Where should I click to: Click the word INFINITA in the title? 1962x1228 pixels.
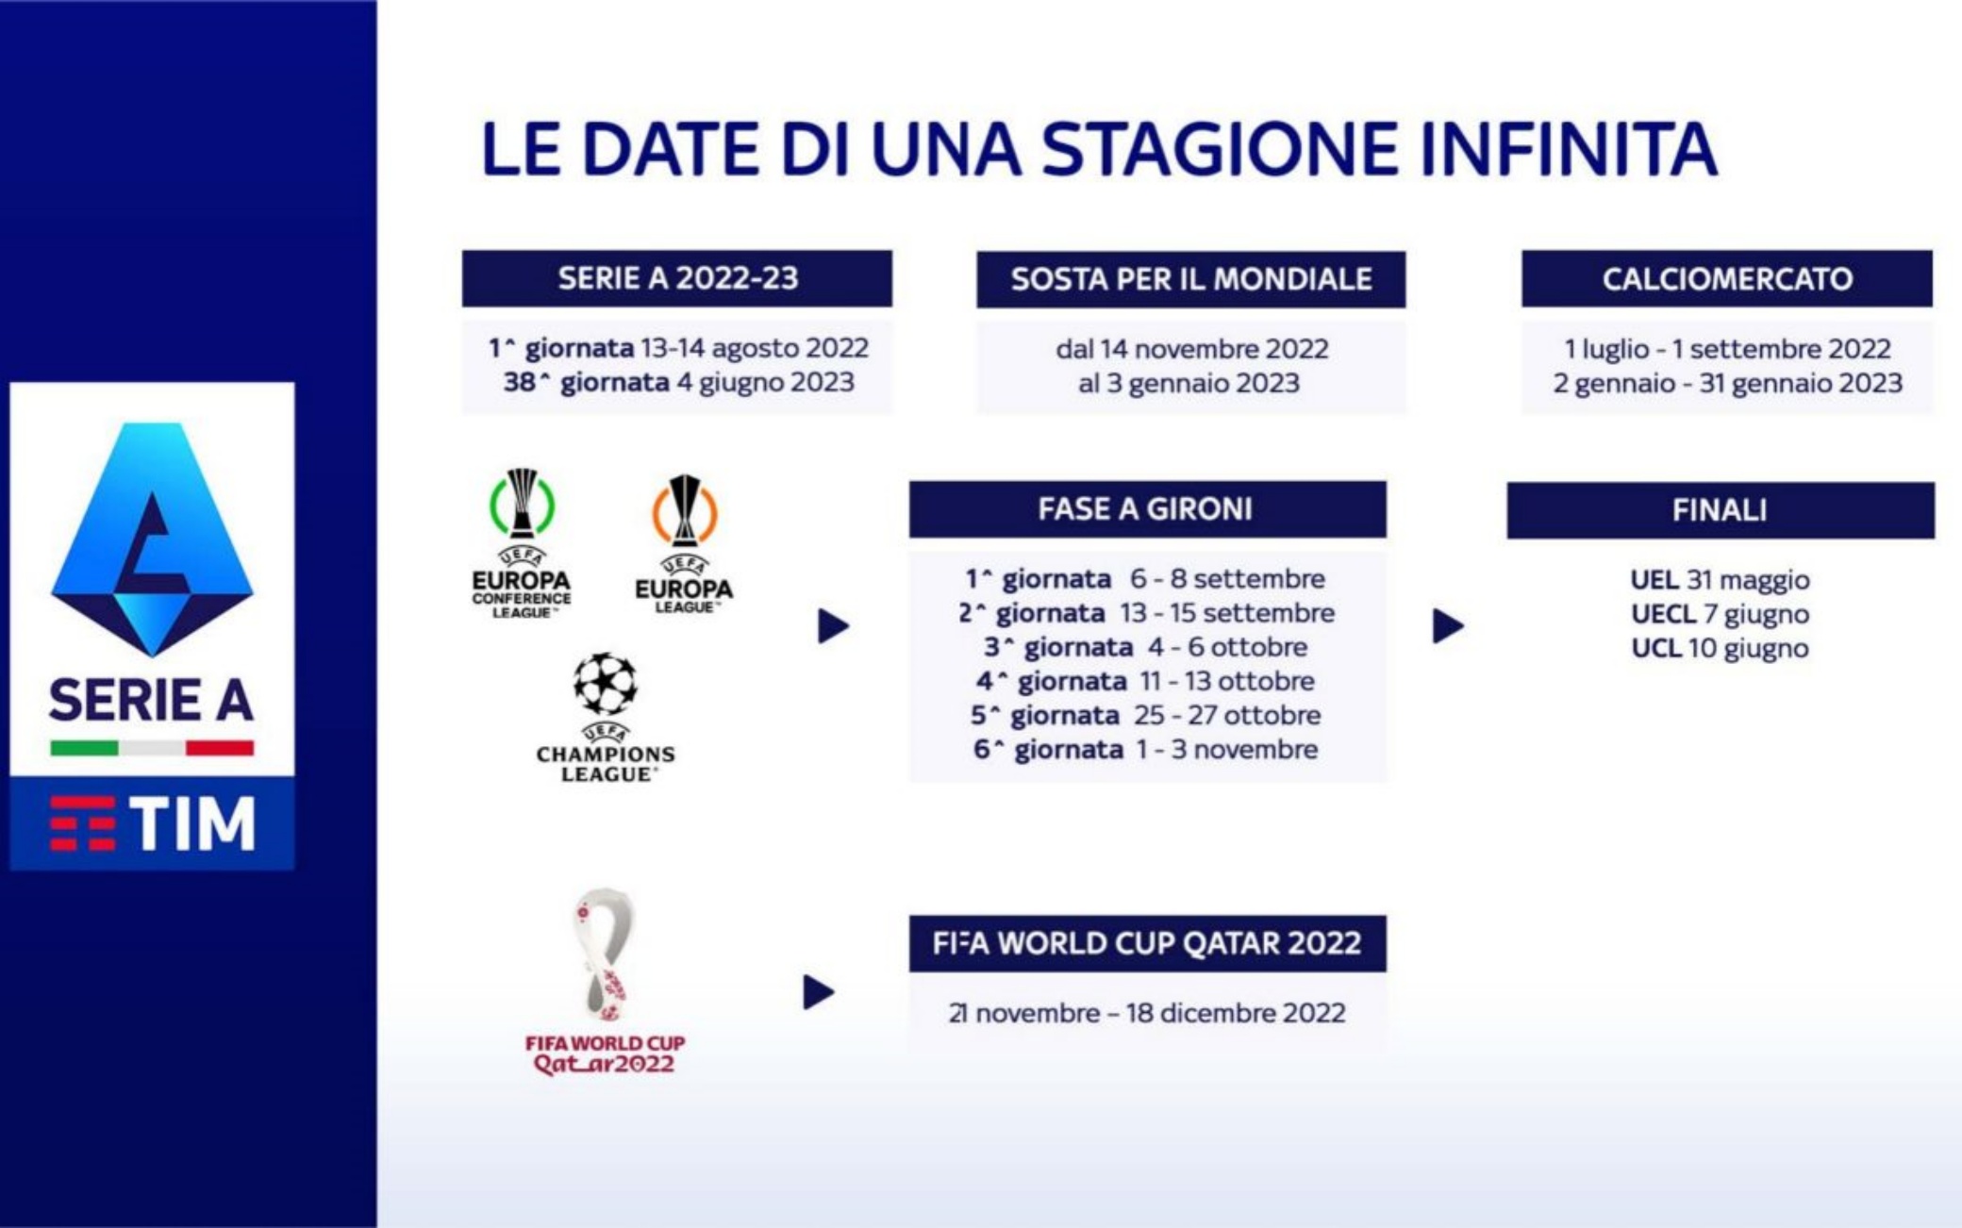click(1569, 149)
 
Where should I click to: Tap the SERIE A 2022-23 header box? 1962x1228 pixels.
click(677, 278)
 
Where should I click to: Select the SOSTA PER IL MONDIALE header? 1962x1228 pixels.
click(1190, 279)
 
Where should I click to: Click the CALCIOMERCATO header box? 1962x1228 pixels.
click(1727, 278)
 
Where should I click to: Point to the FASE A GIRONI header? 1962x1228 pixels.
click(1147, 509)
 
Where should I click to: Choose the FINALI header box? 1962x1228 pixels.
click(1721, 510)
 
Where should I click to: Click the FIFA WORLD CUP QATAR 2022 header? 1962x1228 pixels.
click(1147, 943)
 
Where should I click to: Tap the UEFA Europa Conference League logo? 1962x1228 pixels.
click(522, 543)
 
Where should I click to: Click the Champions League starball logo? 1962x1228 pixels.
click(605, 717)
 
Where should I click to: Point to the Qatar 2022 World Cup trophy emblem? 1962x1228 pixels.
click(605, 981)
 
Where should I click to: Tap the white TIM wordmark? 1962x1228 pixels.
click(192, 823)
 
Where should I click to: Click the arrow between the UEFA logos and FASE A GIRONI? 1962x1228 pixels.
click(833, 625)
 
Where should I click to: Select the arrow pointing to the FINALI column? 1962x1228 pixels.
click(1448, 625)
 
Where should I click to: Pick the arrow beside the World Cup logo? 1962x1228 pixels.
click(819, 992)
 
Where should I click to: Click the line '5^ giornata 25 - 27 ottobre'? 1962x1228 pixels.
click(1146, 715)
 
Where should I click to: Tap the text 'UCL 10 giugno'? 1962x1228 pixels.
click(1720, 648)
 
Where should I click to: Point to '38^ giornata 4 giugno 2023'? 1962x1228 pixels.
click(679, 382)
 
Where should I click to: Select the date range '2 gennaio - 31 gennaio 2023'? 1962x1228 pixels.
click(1727, 383)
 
